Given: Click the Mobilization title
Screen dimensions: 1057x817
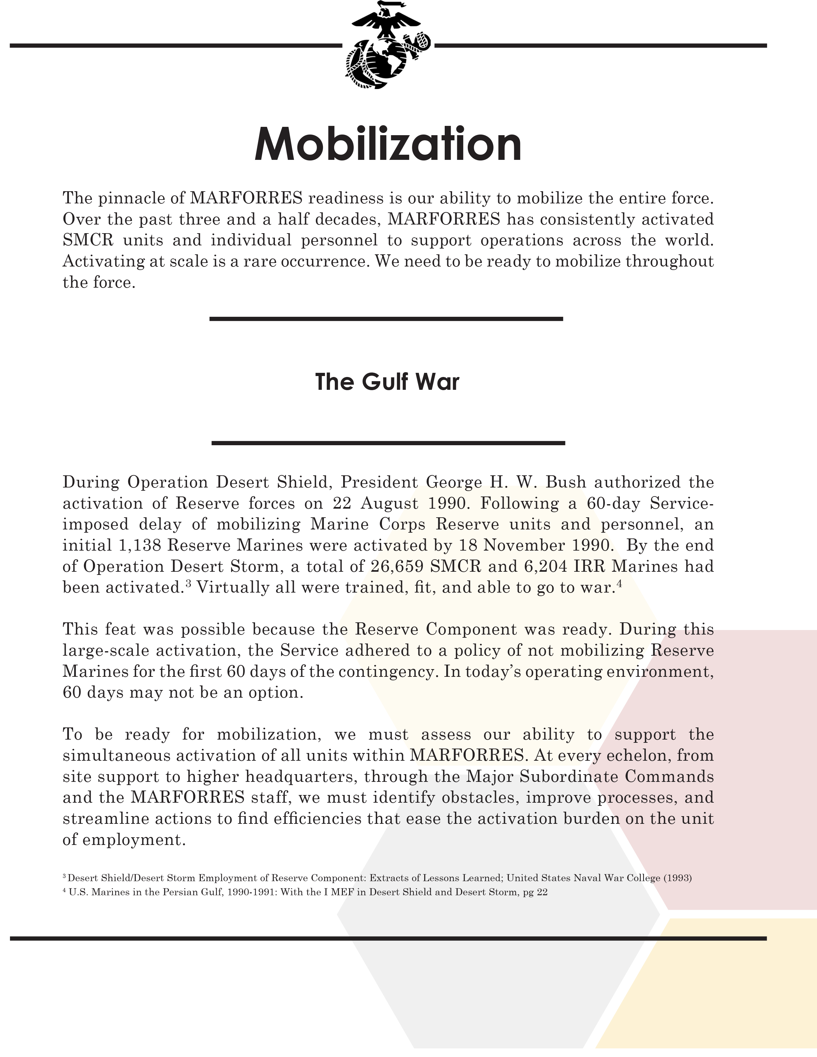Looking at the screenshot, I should coord(388,144).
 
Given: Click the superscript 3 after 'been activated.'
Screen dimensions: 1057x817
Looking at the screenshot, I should coord(189,583).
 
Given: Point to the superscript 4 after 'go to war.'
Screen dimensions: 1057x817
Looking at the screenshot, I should coord(618,583).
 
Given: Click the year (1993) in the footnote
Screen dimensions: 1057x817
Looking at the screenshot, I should coord(677,878).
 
